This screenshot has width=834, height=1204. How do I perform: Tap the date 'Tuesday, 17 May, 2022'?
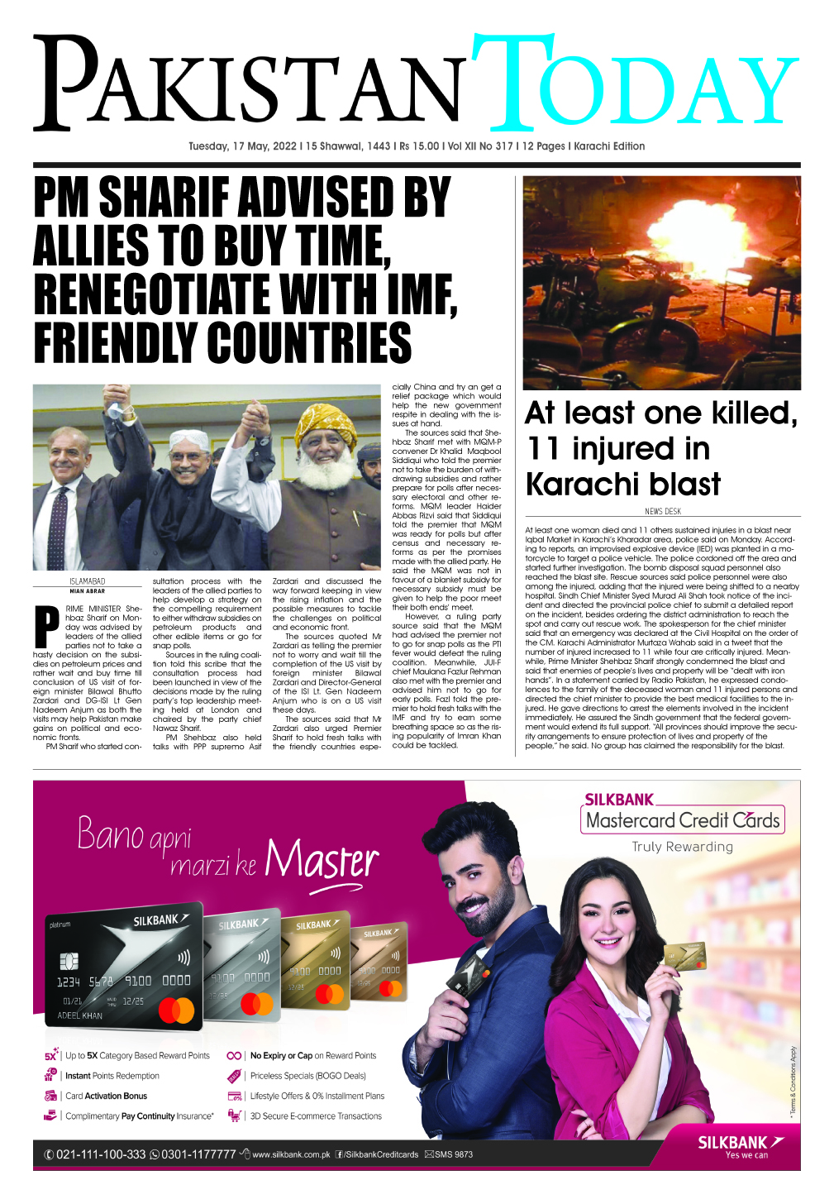242,146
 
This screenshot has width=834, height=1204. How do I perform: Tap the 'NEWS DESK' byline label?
662,511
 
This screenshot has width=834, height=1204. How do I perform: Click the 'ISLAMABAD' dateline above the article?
88,581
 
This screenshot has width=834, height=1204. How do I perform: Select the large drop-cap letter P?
46,627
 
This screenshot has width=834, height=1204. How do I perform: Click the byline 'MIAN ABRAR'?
88,591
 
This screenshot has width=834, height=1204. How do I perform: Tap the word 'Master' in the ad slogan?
322,860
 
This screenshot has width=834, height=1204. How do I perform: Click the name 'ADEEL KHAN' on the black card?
80,1015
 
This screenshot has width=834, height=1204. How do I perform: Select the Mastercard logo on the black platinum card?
175,1010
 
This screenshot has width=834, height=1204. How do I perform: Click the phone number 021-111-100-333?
100,1154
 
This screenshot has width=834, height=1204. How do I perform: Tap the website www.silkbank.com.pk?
290,1154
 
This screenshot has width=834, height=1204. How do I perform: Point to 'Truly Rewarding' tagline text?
682,847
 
